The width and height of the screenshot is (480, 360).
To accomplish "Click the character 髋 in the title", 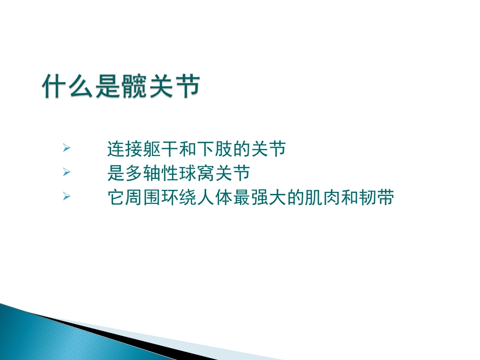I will point(134,87).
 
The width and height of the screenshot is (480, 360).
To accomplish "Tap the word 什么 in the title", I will point(68,87).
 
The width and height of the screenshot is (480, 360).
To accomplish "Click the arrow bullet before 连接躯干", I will point(66,148).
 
